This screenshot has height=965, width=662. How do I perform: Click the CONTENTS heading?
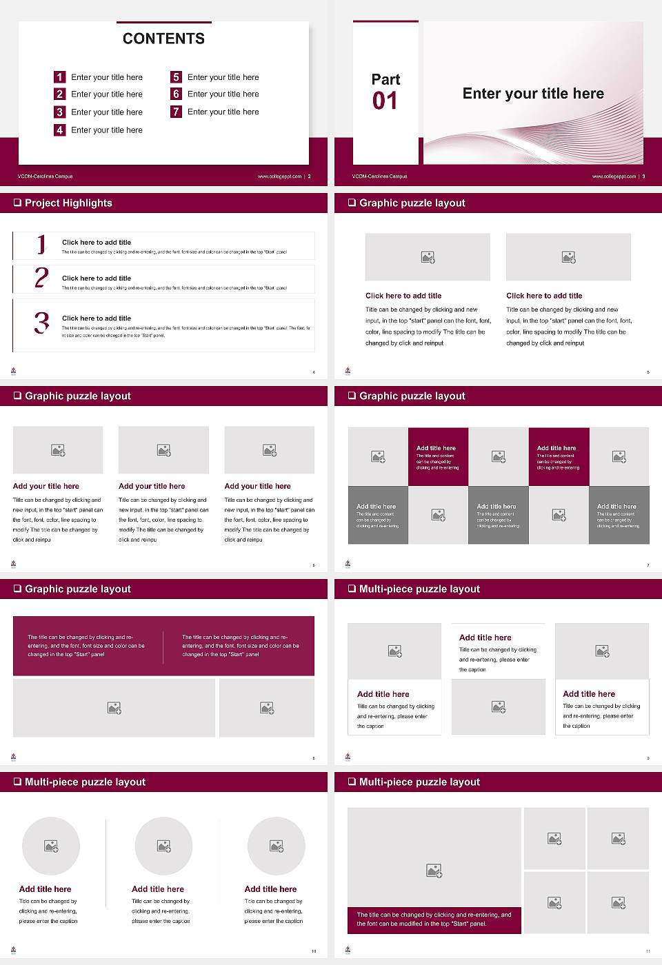(163, 39)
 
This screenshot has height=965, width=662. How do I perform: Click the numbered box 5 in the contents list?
(177, 77)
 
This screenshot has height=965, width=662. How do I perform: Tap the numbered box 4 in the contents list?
(60, 130)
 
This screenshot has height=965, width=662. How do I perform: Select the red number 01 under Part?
(385, 101)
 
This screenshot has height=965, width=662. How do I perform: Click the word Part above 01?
(385, 79)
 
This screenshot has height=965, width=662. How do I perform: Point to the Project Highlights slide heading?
(68, 203)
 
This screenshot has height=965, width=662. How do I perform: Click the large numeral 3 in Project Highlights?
(42, 323)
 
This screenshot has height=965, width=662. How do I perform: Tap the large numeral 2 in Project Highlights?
(41, 278)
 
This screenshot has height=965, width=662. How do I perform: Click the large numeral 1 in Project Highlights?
(41, 244)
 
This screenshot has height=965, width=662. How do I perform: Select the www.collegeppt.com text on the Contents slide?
(279, 176)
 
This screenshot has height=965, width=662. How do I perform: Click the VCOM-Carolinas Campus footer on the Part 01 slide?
(379, 176)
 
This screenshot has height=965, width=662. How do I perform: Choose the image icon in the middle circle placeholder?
(163, 846)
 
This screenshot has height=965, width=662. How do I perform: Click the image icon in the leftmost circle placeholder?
(51, 846)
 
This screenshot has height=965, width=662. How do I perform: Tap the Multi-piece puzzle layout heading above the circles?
(85, 782)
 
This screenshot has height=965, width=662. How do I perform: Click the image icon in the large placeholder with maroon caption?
(434, 871)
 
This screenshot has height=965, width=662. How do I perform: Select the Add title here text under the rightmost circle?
(270, 889)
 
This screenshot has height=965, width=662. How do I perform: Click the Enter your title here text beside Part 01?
(533, 94)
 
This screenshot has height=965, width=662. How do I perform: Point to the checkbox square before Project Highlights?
(17, 203)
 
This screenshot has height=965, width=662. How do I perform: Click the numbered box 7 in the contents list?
(177, 112)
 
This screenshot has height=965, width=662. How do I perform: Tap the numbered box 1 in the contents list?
(60, 77)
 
